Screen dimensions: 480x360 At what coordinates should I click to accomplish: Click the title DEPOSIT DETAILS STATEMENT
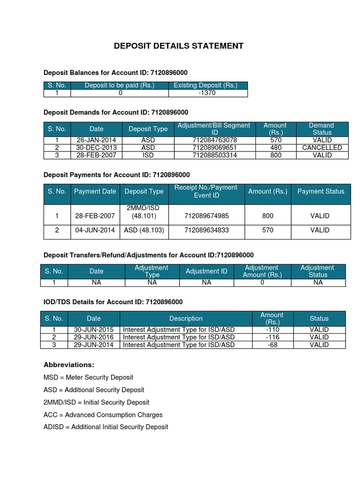(179, 46)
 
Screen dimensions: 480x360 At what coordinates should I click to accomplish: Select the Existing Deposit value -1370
(208, 93)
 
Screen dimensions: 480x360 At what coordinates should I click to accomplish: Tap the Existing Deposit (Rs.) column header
(205, 85)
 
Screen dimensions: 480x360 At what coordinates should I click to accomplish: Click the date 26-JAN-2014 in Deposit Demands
(96, 140)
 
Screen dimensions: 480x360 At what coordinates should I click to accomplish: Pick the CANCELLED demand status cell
(322, 148)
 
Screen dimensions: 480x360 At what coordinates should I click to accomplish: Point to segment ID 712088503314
(215, 155)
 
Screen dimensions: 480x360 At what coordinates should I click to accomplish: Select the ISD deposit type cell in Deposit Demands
(148, 155)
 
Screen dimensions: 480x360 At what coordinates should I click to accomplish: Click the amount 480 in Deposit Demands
(275, 148)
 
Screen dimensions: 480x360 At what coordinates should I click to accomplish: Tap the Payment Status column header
(321, 191)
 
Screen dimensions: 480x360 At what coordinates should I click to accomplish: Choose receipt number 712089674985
(207, 216)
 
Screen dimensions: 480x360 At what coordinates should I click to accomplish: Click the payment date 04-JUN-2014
(95, 230)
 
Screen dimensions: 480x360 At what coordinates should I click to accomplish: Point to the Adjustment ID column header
(206, 271)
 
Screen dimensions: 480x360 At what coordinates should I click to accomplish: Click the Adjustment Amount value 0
(262, 283)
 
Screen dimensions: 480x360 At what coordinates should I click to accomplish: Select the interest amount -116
(272, 337)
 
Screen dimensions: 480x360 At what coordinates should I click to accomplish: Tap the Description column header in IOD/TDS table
(186, 319)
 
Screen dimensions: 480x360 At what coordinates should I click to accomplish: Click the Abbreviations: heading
(69, 365)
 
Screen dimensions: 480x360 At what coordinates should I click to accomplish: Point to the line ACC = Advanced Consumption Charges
(103, 415)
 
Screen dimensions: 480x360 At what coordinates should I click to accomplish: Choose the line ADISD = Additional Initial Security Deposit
(106, 427)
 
